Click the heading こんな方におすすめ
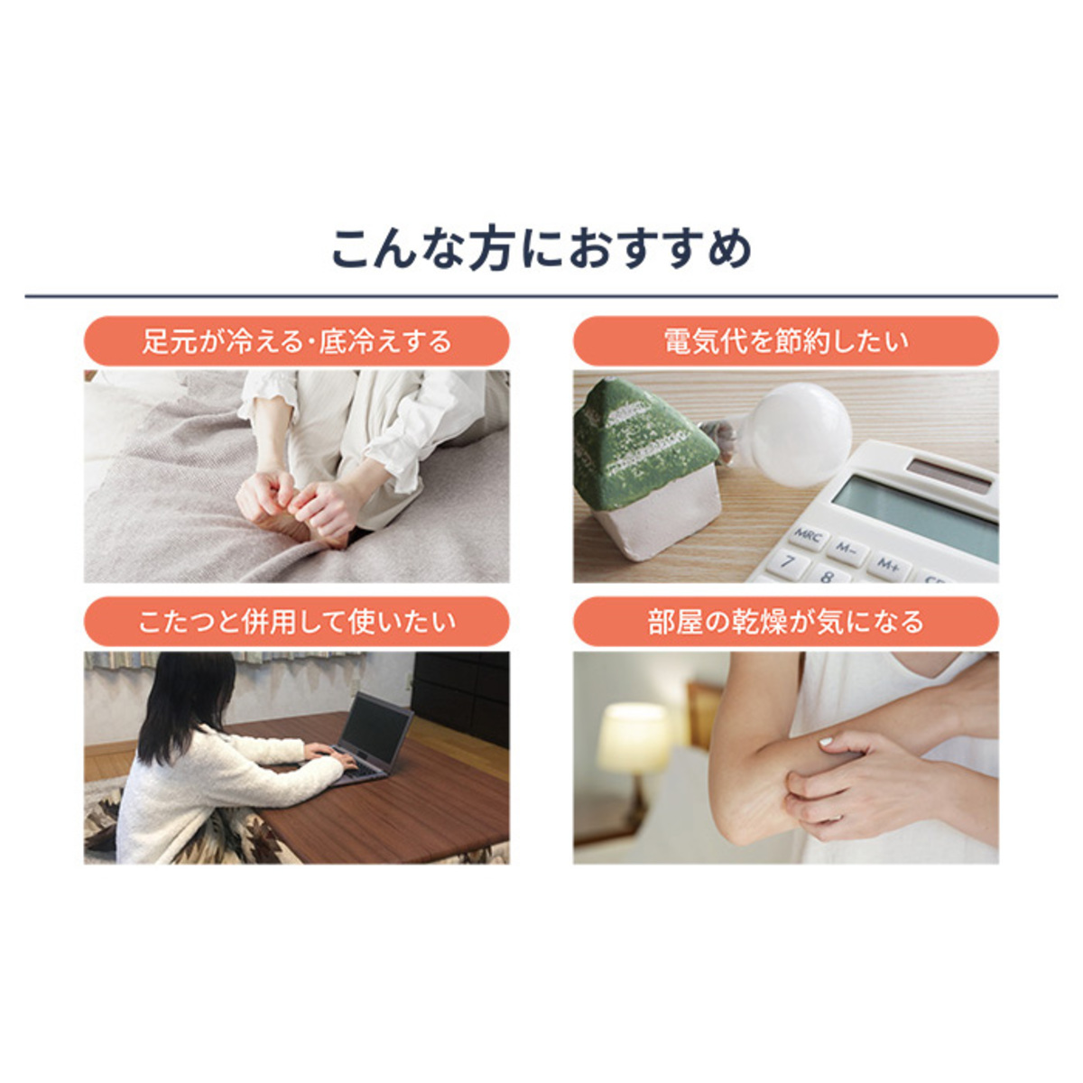pyautogui.click(x=541, y=248)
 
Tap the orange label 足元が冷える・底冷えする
pyautogui.click(x=296, y=341)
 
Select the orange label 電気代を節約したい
pyautogui.click(x=786, y=341)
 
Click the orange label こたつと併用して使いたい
pyautogui.click(x=296, y=622)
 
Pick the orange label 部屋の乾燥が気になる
pyautogui.click(x=786, y=622)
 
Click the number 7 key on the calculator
pyautogui.click(x=788, y=562)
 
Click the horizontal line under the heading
pyautogui.click(x=541, y=296)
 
